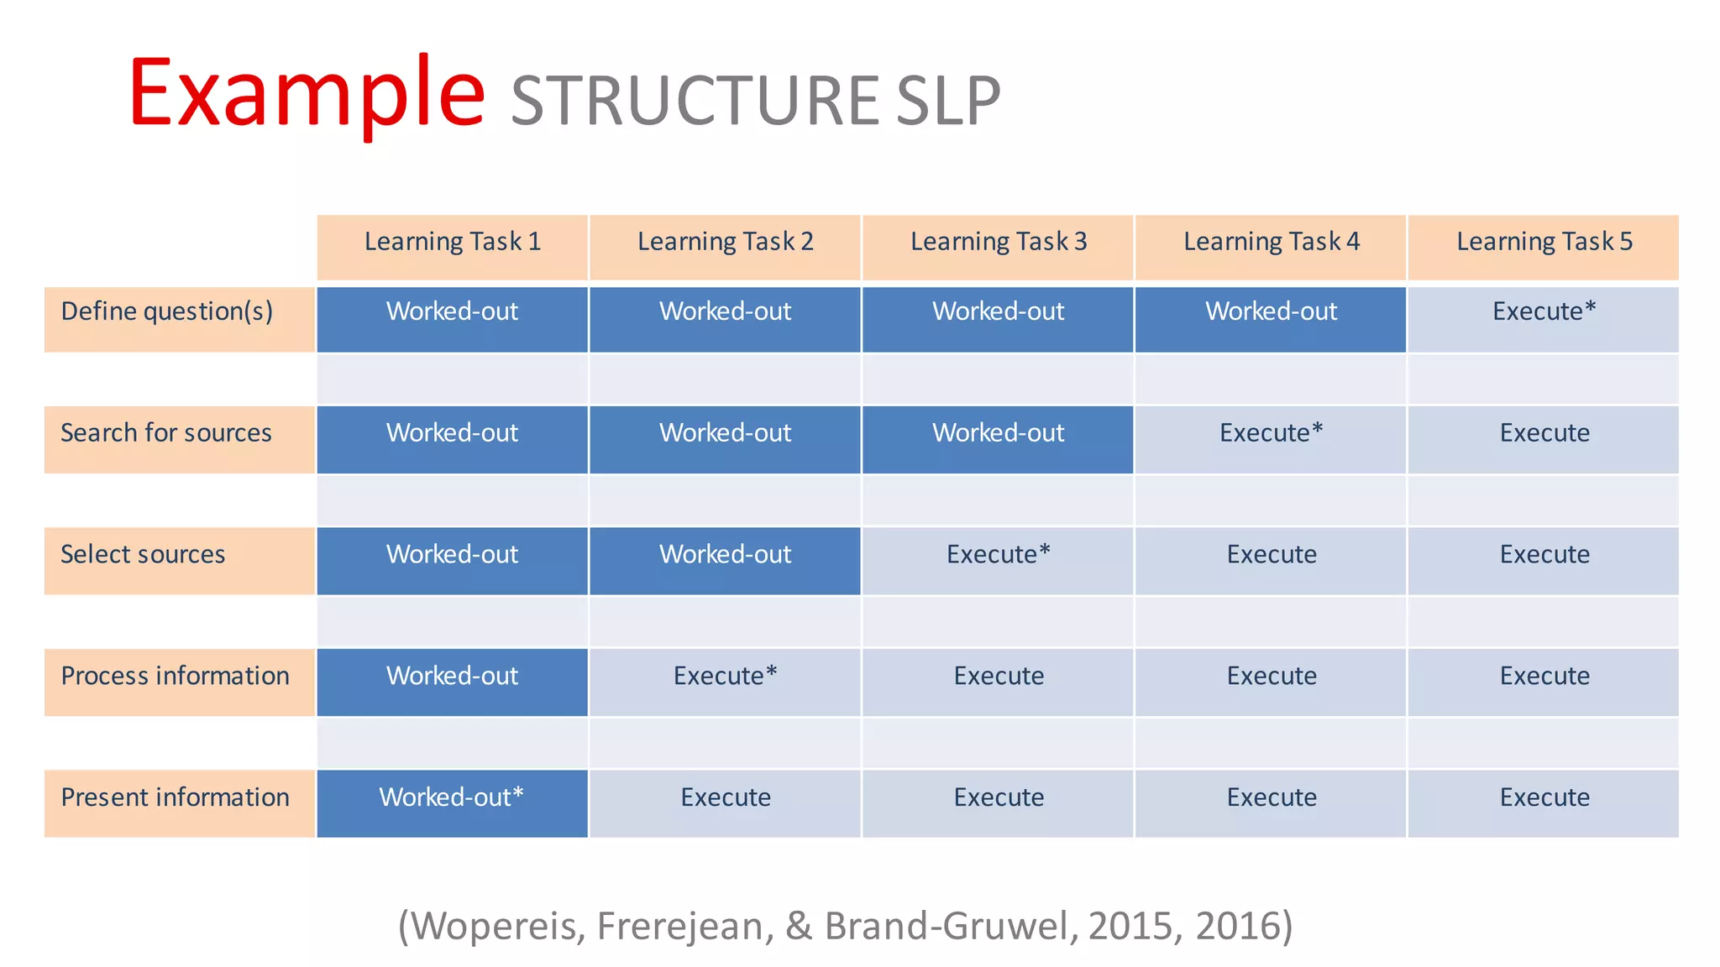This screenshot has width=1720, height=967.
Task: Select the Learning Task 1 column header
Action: [452, 243]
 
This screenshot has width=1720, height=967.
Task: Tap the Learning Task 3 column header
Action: [998, 243]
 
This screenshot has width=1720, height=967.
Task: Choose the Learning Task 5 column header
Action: [1544, 243]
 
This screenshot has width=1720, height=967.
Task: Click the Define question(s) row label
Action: [166, 312]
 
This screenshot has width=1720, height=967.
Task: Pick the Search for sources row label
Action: [166, 433]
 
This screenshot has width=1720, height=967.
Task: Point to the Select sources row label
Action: [143, 555]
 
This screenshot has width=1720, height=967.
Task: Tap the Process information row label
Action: [175, 677]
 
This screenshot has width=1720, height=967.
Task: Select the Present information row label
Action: [175, 797]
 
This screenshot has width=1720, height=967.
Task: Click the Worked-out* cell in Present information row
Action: [452, 797]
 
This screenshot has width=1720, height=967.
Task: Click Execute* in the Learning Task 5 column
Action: [1544, 312]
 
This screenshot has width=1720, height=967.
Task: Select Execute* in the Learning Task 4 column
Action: [1271, 433]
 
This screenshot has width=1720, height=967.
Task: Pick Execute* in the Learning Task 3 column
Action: [998, 555]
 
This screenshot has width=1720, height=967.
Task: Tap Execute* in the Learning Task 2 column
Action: [725, 677]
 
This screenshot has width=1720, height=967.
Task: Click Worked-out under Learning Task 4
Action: [1271, 312]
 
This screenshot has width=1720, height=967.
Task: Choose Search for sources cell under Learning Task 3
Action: [998, 433]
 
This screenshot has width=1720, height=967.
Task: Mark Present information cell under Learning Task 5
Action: [1544, 797]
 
